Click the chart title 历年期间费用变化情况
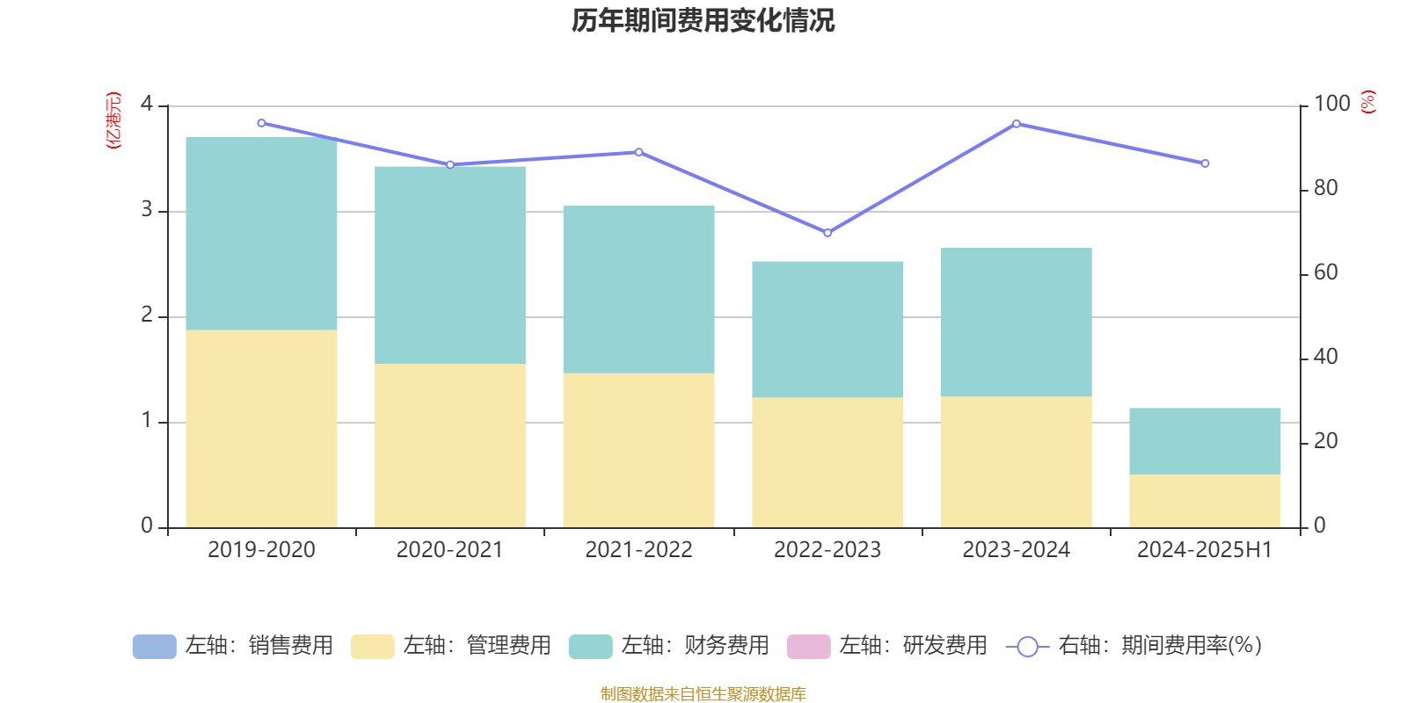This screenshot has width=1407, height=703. pos(703,20)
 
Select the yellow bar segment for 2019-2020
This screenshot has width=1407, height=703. pos(261,429)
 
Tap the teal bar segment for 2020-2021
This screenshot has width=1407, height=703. pos(450,265)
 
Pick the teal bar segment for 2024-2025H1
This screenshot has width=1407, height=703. pos(1205,441)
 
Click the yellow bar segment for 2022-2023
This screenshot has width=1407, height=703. pos(827,462)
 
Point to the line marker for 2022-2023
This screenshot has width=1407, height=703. pos(827,233)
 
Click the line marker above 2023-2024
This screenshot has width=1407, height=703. pos(1017,124)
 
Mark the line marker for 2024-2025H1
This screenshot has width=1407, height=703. pos(1205,163)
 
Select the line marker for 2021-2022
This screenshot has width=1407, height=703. pos(638,152)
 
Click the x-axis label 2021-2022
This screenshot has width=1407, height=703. pos(638,550)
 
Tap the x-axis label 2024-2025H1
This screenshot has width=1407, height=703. pos(1205,550)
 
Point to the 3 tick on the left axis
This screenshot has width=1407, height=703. pos(147,211)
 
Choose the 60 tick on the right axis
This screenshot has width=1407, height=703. pos(1325,273)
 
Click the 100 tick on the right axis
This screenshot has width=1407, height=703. pos(1331,104)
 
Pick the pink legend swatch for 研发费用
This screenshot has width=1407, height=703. pos(808,647)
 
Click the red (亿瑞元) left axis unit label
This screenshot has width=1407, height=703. pos(113,120)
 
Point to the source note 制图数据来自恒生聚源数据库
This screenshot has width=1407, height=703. pos(703,694)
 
